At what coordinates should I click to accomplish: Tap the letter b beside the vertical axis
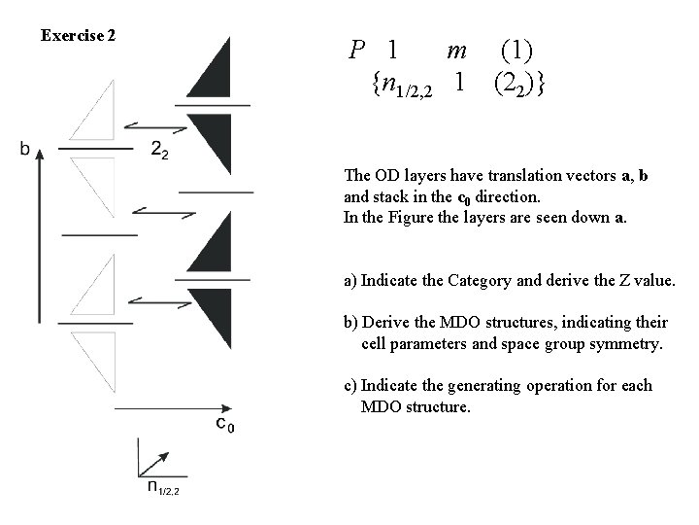(24, 149)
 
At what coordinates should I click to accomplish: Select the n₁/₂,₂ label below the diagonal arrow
(162, 488)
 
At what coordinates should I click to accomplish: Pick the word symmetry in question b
(617, 343)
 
